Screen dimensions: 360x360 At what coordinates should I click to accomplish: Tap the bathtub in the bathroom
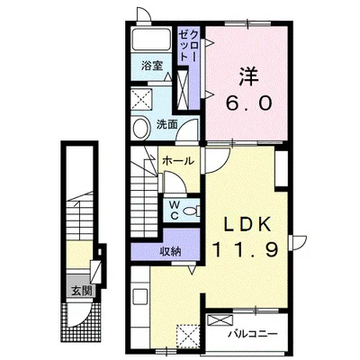150,40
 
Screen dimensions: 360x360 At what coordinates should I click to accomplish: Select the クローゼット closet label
187,44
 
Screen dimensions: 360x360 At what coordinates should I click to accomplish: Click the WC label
174,211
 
